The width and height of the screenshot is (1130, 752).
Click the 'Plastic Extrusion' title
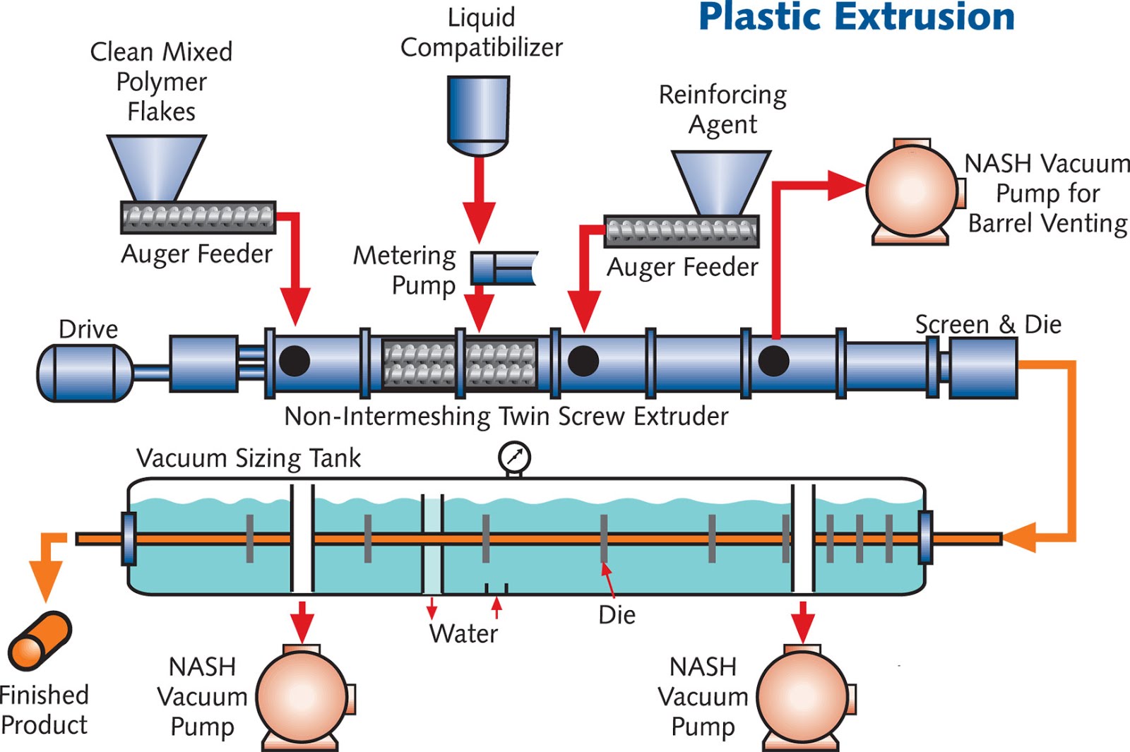click(856, 17)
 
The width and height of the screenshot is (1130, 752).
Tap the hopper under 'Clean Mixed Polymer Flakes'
click(157, 167)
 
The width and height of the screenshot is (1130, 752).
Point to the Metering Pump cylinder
click(503, 268)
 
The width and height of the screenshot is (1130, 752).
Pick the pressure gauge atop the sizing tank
click(514, 458)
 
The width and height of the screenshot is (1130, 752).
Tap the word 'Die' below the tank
click(617, 615)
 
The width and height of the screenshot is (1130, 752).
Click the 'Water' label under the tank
click(463, 633)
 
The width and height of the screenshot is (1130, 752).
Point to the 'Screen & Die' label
click(987, 324)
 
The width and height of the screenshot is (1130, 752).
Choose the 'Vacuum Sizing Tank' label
click(248, 458)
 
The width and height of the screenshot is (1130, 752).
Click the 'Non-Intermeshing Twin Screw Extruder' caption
click(506, 417)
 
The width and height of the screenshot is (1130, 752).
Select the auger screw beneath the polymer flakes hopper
click(198, 217)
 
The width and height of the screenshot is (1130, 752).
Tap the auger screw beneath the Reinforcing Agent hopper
click(682, 231)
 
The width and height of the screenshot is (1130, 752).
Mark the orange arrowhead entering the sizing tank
click(1020, 539)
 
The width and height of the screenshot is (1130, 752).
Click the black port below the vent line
click(773, 361)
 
